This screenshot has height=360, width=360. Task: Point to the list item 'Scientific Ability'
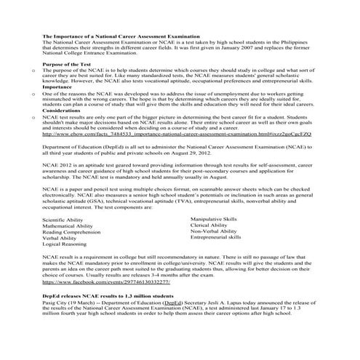(64, 219)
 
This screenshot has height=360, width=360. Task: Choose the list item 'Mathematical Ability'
(68, 225)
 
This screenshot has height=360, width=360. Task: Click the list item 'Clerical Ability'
(209, 225)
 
